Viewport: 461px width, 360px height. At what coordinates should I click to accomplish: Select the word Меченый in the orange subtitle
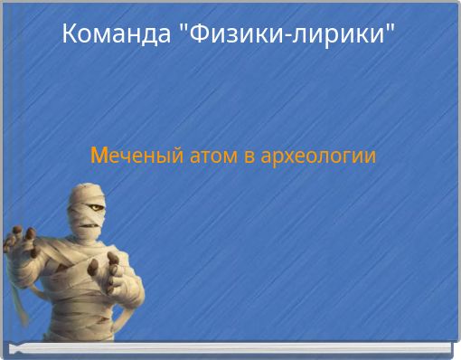136,156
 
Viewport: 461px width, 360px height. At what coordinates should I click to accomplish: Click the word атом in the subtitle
212,156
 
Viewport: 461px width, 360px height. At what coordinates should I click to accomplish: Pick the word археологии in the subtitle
317,156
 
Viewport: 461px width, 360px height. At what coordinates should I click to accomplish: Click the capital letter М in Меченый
99,156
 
